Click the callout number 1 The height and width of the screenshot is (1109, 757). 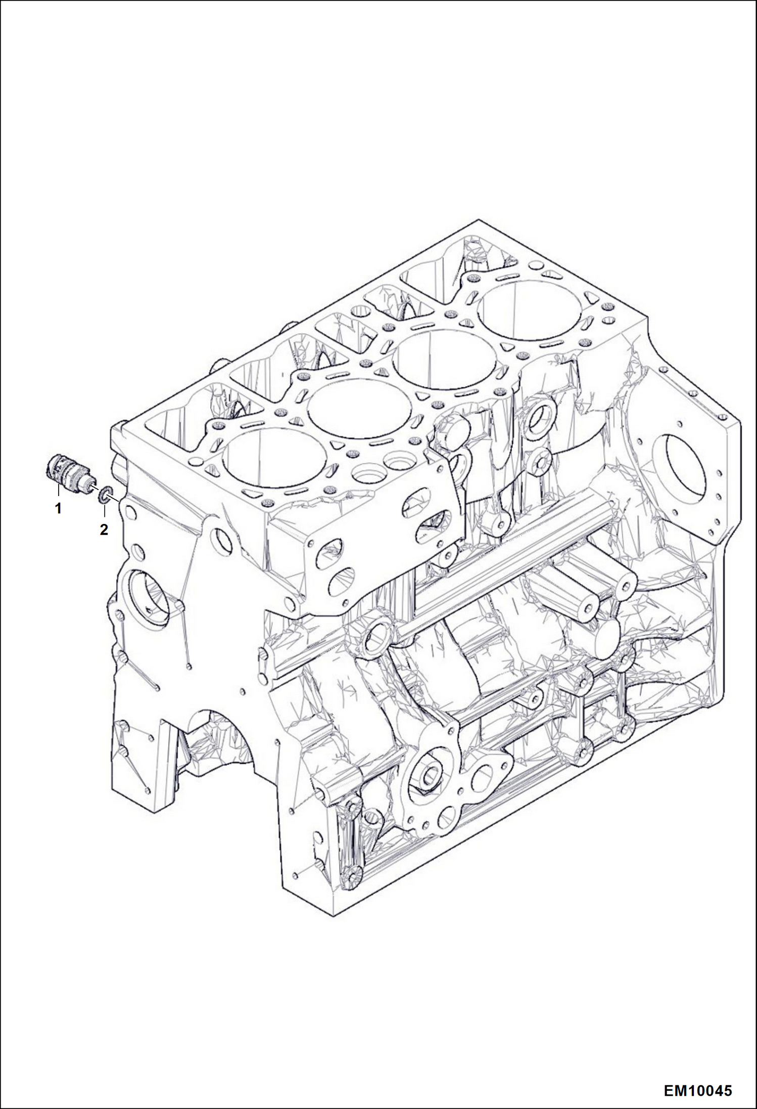(x=59, y=509)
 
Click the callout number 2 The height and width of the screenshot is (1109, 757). (x=104, y=530)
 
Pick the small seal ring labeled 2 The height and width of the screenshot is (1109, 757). (x=104, y=495)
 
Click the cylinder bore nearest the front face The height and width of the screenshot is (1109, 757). (x=274, y=459)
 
